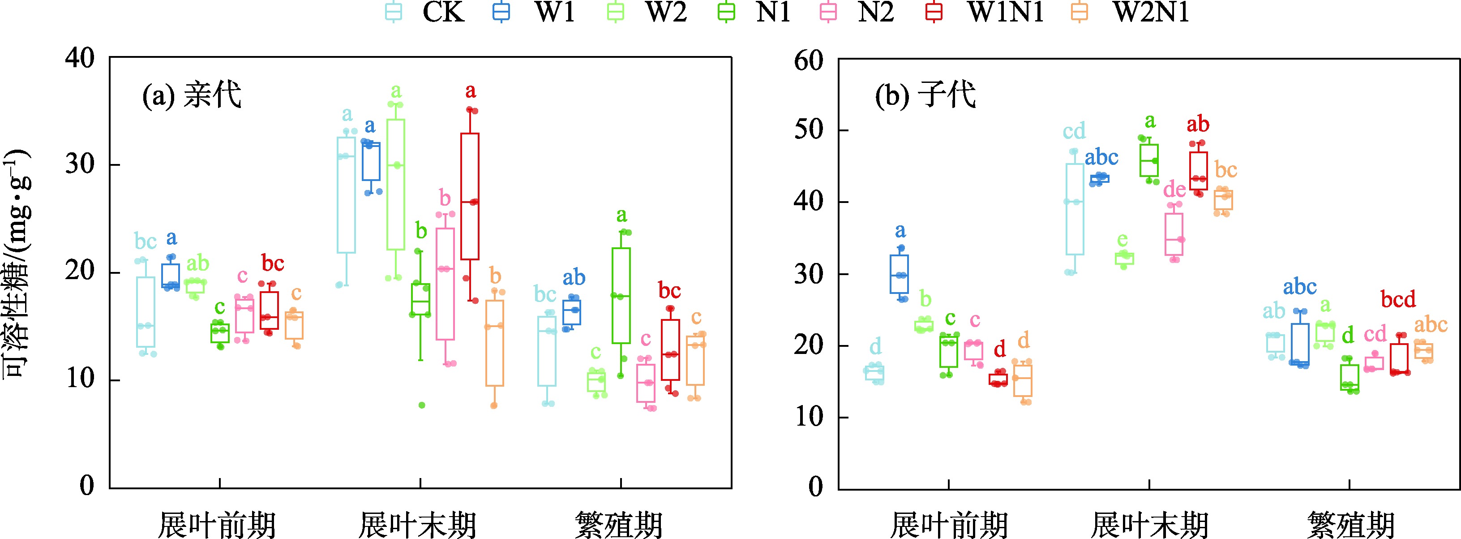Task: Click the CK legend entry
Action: [425, 13]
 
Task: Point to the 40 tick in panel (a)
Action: [79, 58]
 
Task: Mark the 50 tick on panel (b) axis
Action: [808, 130]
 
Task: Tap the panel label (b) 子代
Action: [925, 95]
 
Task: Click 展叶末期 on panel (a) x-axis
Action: [418, 525]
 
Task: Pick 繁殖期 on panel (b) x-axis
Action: [1350, 525]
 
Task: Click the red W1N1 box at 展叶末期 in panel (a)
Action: [470, 196]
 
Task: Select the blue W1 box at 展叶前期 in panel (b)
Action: [900, 274]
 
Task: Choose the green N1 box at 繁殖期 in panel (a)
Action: [621, 295]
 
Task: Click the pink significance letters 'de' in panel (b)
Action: [1174, 189]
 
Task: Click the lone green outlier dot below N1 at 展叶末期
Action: [422, 405]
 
